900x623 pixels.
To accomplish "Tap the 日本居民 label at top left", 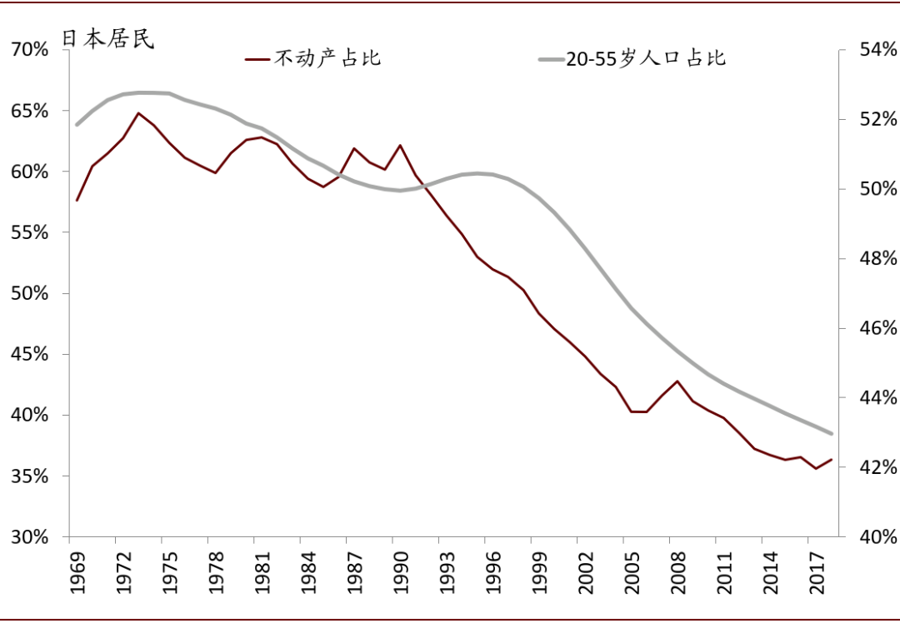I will point(108,39).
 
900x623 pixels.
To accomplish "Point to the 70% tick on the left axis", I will point(30,50).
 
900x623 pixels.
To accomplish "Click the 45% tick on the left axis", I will point(30,355).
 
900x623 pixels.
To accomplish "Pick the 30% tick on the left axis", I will point(30,537).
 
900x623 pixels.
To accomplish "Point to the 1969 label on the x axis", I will point(77,574).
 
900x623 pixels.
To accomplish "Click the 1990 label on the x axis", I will point(400,574).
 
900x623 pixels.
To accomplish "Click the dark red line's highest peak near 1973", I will point(138,113).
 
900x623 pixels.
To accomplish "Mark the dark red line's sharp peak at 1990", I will point(400,145).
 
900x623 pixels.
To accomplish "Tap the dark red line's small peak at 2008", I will point(677,381).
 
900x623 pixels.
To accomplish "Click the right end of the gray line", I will point(831,433).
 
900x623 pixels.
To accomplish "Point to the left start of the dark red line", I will point(77,200).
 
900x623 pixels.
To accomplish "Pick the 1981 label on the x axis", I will point(262,574).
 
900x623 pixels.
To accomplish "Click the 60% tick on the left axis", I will point(30,172).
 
